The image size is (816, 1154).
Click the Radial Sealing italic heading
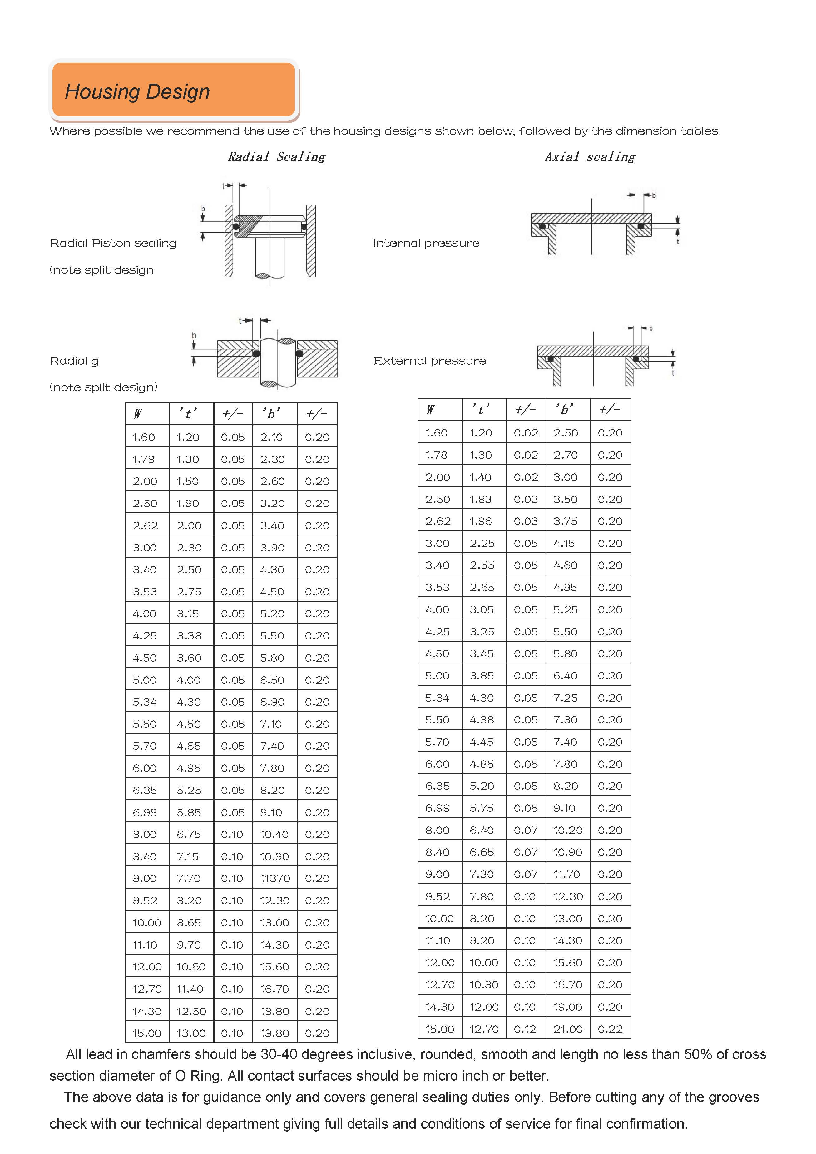pos(276,157)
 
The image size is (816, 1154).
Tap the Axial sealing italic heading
pos(590,157)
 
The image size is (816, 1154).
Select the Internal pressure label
pos(426,243)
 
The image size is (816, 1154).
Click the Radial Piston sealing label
pos(113,243)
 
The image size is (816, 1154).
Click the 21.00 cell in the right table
pos(568,1029)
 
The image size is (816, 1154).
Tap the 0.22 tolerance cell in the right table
pos(610,1029)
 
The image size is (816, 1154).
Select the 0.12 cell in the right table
pos(525,1029)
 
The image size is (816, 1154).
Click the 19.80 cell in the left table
pos(274,1033)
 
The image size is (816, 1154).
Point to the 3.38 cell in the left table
pos(189,636)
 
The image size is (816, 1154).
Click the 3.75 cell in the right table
pos(565,521)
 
